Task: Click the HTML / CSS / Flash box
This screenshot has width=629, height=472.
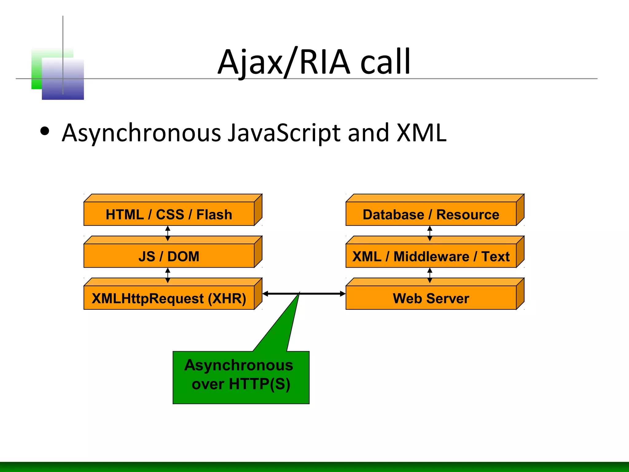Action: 169,214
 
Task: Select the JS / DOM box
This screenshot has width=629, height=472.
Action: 169,256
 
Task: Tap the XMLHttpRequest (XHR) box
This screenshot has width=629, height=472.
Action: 169,298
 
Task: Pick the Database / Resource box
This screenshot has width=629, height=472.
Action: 431,214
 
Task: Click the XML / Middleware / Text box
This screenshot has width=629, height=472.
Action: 431,256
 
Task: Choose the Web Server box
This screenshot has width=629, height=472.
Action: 431,298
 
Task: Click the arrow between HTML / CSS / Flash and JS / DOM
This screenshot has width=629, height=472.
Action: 168,233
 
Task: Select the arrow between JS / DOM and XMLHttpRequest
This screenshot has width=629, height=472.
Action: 168,275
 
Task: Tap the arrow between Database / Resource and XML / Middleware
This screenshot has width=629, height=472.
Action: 430,233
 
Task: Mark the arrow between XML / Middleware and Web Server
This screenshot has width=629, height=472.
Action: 430,275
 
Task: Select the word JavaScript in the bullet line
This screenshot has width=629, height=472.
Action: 284,133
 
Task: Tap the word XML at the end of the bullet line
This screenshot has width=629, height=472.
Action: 421,133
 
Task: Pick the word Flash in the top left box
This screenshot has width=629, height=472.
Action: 214,214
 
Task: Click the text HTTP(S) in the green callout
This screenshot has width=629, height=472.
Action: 259,384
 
